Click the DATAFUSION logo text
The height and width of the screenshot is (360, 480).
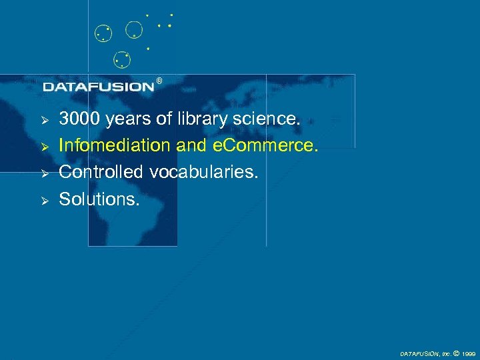tap(99, 87)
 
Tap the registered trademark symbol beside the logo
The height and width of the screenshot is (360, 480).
tap(159, 81)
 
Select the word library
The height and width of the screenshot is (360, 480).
tap(203, 119)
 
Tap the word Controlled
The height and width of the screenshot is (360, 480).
tap(102, 171)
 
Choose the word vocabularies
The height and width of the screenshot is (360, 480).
tap(203, 171)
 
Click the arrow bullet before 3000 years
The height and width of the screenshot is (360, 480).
tap(45, 120)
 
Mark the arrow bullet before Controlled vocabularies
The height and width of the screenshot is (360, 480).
tap(45, 173)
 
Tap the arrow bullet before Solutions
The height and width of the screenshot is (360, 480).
tap(45, 199)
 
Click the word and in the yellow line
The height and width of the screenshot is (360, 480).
tap(191, 145)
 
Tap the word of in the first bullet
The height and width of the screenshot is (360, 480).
tap(164, 119)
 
